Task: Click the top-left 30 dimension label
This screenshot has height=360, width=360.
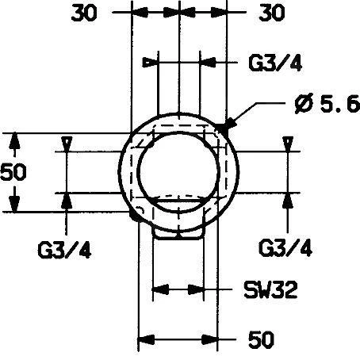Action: (84, 13)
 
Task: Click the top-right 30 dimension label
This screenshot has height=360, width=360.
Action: (272, 13)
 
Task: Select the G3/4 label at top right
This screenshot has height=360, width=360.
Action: (275, 63)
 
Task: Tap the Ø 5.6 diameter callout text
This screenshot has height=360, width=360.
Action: (327, 104)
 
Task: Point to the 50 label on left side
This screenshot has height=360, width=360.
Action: (13, 172)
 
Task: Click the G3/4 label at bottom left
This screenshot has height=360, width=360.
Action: (65, 250)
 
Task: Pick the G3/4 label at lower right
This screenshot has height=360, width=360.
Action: (285, 248)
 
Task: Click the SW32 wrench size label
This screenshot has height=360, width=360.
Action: (270, 289)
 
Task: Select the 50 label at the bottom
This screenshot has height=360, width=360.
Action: (261, 339)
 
